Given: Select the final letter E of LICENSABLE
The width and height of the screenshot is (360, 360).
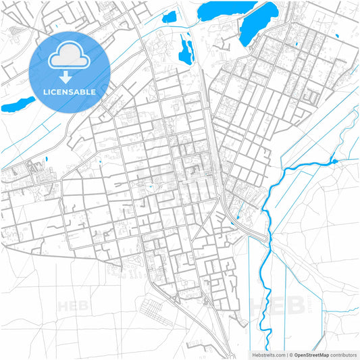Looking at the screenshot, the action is click(94, 91).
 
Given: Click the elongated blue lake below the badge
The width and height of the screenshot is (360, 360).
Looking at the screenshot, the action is click(18, 105).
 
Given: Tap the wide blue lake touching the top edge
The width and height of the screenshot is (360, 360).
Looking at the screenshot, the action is click(226, 9).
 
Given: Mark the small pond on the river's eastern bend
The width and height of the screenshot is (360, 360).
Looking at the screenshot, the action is click(334, 161).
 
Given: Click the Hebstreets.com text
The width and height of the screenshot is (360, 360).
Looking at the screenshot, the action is click(269, 354).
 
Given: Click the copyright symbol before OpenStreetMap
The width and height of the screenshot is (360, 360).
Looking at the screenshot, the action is click(290, 354).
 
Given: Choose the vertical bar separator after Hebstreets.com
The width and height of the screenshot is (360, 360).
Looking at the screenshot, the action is click(286, 354).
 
